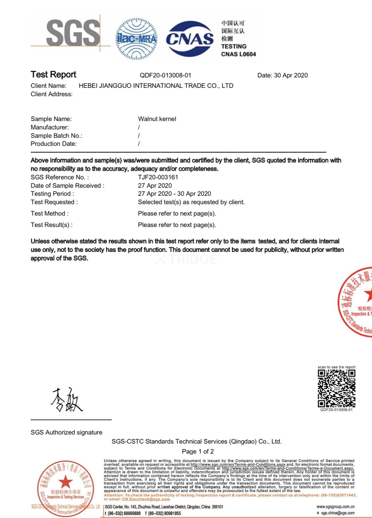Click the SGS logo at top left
point(73,33)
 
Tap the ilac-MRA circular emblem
point(136,39)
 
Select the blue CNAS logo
point(190,39)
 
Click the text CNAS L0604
point(238,54)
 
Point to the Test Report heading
point(53,74)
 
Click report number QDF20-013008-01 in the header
point(165,75)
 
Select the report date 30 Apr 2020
point(291,75)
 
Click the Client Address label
point(51,94)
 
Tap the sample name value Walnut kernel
point(157,119)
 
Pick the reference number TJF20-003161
point(158,177)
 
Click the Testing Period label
point(52,194)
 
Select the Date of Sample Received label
point(67,186)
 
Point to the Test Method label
point(50,214)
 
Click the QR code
point(336,388)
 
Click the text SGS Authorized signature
point(66,433)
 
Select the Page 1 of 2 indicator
point(198,452)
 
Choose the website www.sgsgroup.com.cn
point(335,507)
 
